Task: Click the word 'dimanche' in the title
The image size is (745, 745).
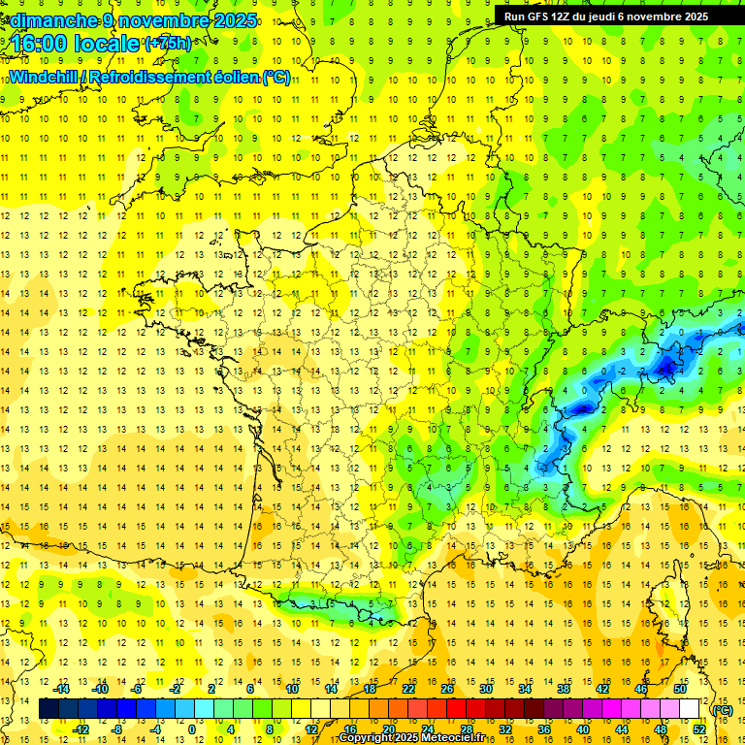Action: pyautogui.click(x=52, y=20)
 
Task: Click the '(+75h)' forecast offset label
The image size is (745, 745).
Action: pyautogui.click(x=168, y=43)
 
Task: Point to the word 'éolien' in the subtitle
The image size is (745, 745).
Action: pyautogui.click(x=234, y=77)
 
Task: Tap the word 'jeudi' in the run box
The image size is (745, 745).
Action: pyautogui.click(x=601, y=16)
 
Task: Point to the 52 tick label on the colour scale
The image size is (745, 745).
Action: pyautogui.click(x=699, y=729)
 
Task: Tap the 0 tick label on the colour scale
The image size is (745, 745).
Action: pyautogui.click(x=191, y=729)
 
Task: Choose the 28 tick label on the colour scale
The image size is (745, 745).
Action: pyautogui.click(x=467, y=729)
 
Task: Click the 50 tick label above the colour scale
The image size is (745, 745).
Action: pyautogui.click(x=680, y=689)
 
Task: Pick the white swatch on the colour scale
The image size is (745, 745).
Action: pyautogui.click(x=690, y=709)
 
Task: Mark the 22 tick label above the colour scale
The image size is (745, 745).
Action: pyautogui.click(x=408, y=689)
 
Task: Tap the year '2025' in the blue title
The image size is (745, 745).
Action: pyautogui.click(x=235, y=20)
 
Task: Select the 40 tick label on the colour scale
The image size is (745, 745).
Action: pyautogui.click(x=583, y=729)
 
